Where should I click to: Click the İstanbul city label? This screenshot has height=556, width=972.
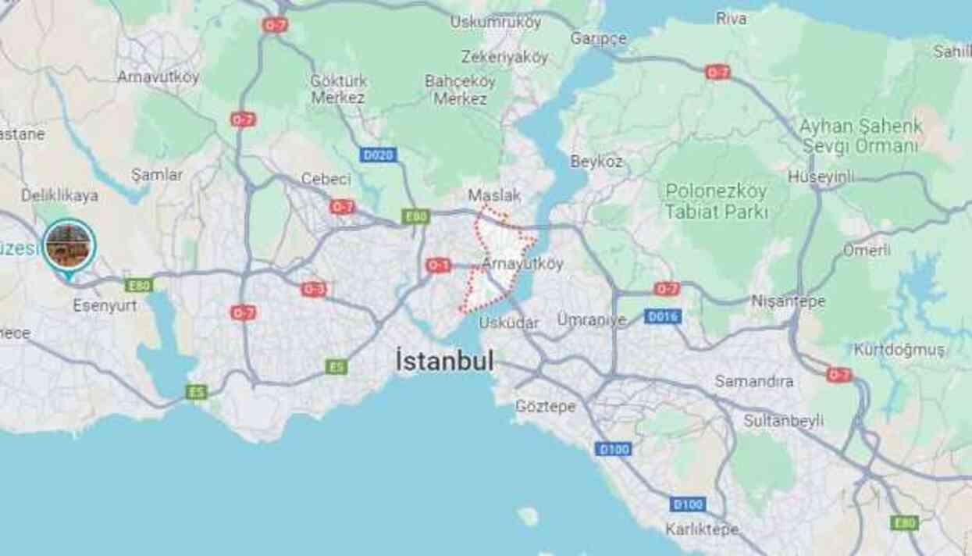[445, 362]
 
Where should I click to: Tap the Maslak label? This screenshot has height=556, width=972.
[494, 194]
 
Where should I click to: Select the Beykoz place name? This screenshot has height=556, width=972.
[596, 162]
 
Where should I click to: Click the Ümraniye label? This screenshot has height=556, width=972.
[592, 319]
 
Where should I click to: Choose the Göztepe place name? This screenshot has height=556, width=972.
[545, 406]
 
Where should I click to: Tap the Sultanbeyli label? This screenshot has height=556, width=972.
[783, 421]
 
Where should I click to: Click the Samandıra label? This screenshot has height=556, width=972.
[754, 381]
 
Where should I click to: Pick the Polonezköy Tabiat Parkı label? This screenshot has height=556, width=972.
[716, 201]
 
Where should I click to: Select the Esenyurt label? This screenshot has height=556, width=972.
[105, 305]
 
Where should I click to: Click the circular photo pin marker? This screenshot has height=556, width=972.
[69, 245]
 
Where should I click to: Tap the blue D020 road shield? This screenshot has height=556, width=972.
[379, 155]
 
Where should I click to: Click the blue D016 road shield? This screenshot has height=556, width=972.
[663, 316]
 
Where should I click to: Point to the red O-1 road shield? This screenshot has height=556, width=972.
[438, 266]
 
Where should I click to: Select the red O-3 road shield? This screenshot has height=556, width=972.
[314, 289]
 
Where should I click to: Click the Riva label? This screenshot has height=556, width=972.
[731, 19]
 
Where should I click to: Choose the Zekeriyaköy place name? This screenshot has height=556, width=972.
[504, 57]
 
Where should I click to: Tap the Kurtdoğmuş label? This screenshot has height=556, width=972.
[899, 349]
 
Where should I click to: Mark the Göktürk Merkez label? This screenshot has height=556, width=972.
[337, 89]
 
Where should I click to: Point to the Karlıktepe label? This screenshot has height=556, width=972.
[702, 529]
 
